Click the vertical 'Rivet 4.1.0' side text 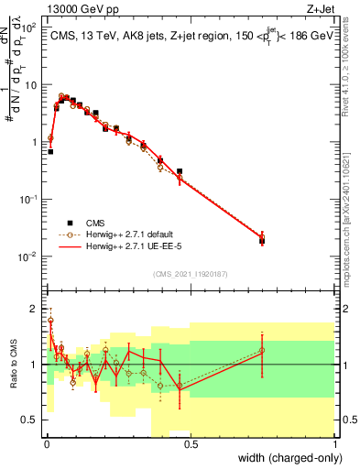(346, 82)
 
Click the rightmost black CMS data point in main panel (262, 242)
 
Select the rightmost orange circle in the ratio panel (262, 350)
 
